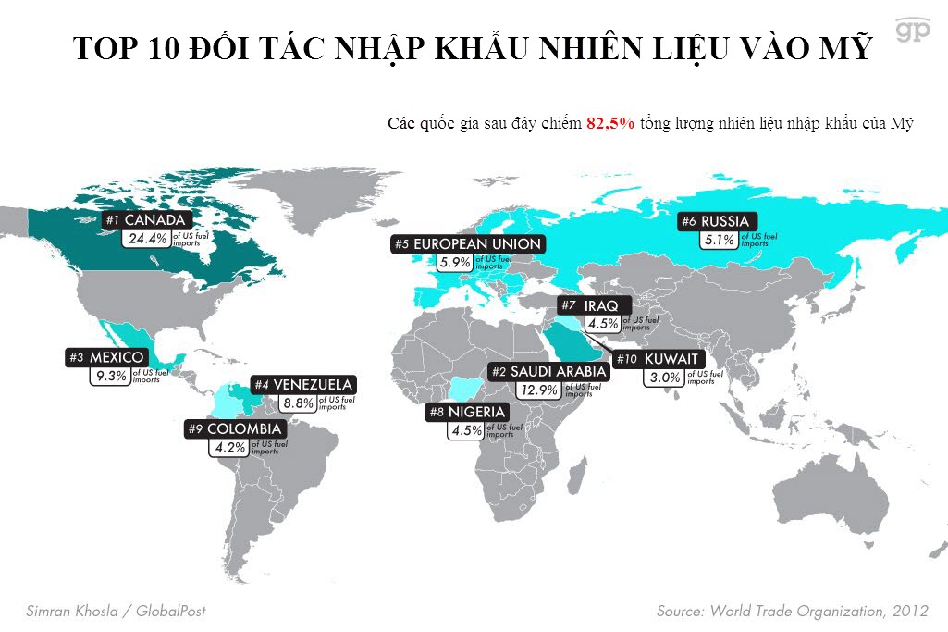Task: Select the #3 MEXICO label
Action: point(105,357)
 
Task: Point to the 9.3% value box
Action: point(109,376)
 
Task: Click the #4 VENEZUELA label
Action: point(303,384)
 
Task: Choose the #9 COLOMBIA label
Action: point(235,429)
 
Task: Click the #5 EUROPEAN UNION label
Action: point(467,243)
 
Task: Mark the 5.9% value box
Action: point(455,262)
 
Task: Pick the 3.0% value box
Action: point(665,378)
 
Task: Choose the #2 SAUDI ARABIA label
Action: point(548,371)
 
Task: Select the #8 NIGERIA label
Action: point(466,412)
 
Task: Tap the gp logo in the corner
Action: point(912,30)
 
